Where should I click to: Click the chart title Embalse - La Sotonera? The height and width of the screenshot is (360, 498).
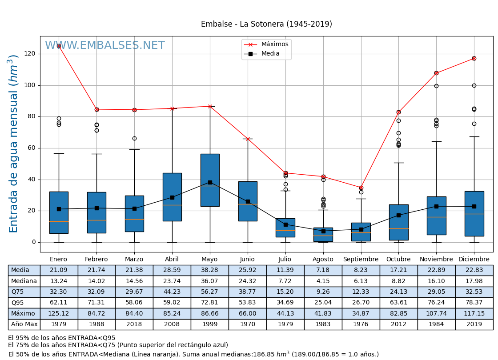266,24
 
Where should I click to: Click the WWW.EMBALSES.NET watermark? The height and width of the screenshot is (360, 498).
105,46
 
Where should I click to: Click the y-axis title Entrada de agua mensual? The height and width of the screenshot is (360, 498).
14,144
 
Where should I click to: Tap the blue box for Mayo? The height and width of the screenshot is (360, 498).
210,180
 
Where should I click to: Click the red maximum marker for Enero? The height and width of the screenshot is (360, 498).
59,46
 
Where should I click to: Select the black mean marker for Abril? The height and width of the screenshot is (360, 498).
172,197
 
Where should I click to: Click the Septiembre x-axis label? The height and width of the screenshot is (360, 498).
361,259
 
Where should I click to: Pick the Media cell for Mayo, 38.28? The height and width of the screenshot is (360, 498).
210,270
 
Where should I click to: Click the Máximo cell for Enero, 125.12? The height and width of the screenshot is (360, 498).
59,313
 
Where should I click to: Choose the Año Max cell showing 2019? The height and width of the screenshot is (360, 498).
474,324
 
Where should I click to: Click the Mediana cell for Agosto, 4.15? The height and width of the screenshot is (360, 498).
323,281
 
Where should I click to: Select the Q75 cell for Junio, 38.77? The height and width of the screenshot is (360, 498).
248,292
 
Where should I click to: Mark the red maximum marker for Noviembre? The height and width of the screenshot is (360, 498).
436,73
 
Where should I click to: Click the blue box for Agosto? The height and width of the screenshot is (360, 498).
323,235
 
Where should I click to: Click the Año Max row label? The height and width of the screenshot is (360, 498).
24,324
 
